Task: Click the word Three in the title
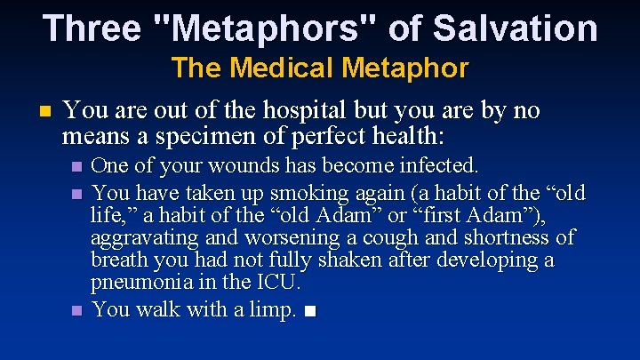pos(92,28)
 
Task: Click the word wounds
pos(232,166)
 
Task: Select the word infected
pos(435,166)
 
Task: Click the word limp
pos(272,309)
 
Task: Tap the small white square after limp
pos(309,311)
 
